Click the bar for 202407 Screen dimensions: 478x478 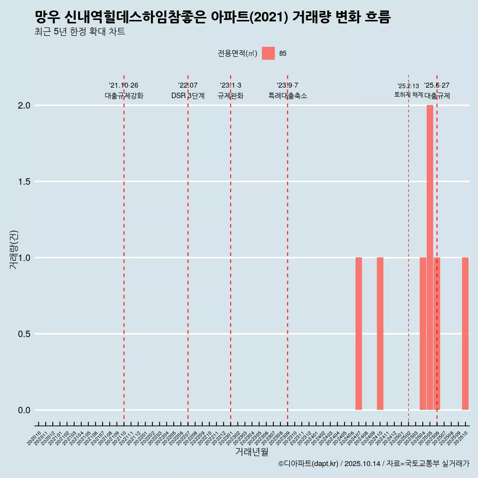358,334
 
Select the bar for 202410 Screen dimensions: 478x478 380,334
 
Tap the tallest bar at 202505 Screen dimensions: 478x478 430,257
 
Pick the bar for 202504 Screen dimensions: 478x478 423,334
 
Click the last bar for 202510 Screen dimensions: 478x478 465,334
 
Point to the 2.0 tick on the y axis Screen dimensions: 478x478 24,106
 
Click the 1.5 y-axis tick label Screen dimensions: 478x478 24,182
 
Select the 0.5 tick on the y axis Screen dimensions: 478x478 24,334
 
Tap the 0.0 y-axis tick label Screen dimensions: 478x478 24,410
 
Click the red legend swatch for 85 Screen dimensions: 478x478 268,53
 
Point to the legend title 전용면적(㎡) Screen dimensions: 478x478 238,53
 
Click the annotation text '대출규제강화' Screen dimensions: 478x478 124,96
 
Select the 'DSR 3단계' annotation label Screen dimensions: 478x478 188,96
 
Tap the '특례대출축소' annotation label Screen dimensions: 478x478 287,96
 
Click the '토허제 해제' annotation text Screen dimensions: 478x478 408,95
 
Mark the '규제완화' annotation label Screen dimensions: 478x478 231,96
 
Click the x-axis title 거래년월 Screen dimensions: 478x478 251,452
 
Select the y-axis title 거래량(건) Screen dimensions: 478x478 14,249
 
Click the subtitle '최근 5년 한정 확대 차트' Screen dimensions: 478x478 80,32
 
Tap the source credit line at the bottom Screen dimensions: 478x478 373,464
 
